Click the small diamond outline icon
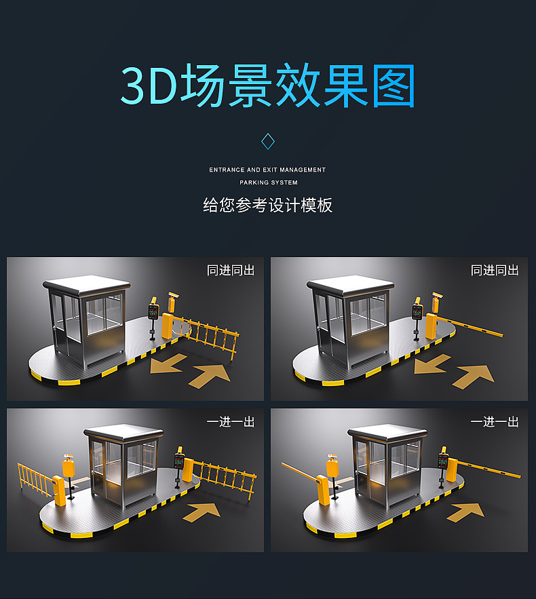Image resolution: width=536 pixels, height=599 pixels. [x=268, y=141]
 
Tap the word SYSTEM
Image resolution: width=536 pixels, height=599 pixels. [x=284, y=182]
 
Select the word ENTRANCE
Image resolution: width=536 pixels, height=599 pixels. [x=227, y=170]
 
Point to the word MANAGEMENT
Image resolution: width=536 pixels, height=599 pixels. [x=303, y=170]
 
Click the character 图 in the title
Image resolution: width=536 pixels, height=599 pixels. [x=391, y=86]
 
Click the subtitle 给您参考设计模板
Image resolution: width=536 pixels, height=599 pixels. [x=267, y=205]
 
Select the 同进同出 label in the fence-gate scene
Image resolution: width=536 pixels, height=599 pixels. [x=231, y=270]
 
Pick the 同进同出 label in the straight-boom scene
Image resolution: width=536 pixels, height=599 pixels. [x=495, y=270]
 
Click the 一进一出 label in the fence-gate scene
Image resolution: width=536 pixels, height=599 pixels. [x=231, y=421]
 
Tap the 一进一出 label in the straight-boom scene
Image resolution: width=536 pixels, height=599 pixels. [x=495, y=421]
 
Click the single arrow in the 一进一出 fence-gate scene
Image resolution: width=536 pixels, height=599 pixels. [x=202, y=510]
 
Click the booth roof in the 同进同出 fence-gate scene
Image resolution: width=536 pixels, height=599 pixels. [x=86, y=284]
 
